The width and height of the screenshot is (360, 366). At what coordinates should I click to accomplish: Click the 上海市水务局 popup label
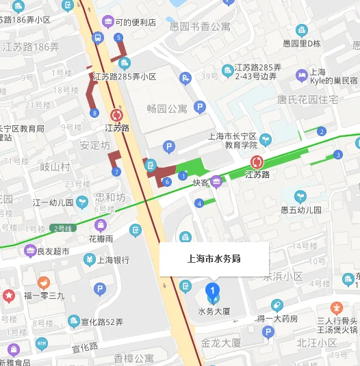point(214,259)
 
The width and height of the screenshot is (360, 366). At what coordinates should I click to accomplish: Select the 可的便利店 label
point(135,23)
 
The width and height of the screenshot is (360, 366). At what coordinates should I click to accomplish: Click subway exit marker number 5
point(119,37)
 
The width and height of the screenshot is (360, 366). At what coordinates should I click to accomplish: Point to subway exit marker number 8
point(94,113)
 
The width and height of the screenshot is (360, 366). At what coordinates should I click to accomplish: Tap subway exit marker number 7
point(117,172)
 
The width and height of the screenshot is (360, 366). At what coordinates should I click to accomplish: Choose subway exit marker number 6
point(167,181)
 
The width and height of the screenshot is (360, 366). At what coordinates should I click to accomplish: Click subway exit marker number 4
point(198,203)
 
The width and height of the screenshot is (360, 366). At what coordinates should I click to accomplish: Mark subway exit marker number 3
point(338,155)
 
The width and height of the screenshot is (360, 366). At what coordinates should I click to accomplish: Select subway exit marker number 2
point(321,131)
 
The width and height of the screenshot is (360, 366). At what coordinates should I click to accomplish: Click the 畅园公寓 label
point(167,108)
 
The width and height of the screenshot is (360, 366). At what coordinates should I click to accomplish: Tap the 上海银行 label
point(113,260)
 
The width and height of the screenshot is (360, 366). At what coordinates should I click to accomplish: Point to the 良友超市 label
point(53,251)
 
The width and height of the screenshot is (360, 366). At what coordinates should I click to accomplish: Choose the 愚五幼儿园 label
point(300,210)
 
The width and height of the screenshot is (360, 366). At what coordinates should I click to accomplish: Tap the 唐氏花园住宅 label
point(307,100)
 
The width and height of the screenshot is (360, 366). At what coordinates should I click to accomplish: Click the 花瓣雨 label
point(101,239)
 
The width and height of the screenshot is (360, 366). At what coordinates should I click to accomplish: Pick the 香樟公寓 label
point(134,358)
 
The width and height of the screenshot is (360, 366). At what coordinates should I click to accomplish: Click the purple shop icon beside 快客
point(217,181)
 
